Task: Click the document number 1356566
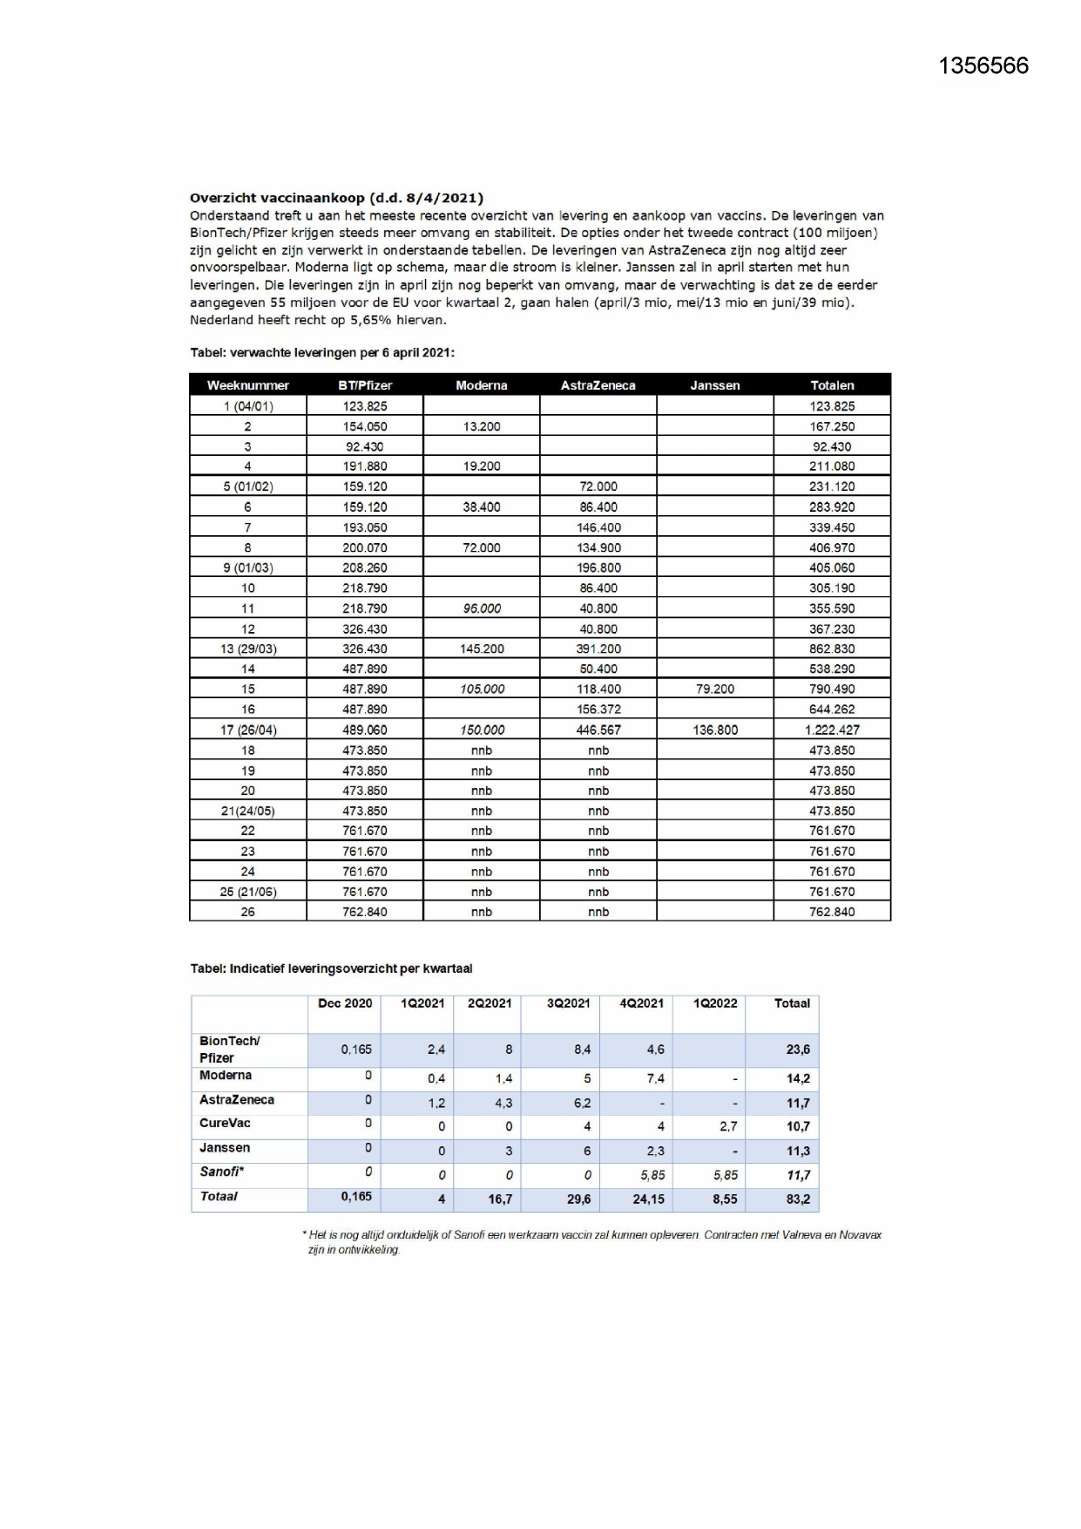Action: (x=983, y=66)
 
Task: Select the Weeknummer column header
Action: (x=247, y=385)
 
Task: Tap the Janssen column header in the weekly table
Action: (x=714, y=385)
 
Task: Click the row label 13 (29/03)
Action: (x=247, y=649)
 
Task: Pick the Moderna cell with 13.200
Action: (x=481, y=426)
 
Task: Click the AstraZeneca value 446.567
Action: (x=598, y=730)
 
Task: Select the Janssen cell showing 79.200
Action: (x=714, y=689)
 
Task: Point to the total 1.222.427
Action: (x=832, y=730)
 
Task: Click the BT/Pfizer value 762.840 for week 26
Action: (x=364, y=912)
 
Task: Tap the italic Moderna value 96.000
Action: (x=481, y=608)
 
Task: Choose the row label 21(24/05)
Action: (x=247, y=811)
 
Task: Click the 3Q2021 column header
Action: (x=568, y=1003)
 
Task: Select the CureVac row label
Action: (x=225, y=1123)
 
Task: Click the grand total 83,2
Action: (x=798, y=1199)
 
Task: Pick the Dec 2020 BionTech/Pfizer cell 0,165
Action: (x=355, y=1050)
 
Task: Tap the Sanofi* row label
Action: (x=221, y=1172)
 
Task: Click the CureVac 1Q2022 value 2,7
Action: (x=728, y=1126)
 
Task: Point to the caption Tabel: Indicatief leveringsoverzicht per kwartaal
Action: (x=331, y=968)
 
